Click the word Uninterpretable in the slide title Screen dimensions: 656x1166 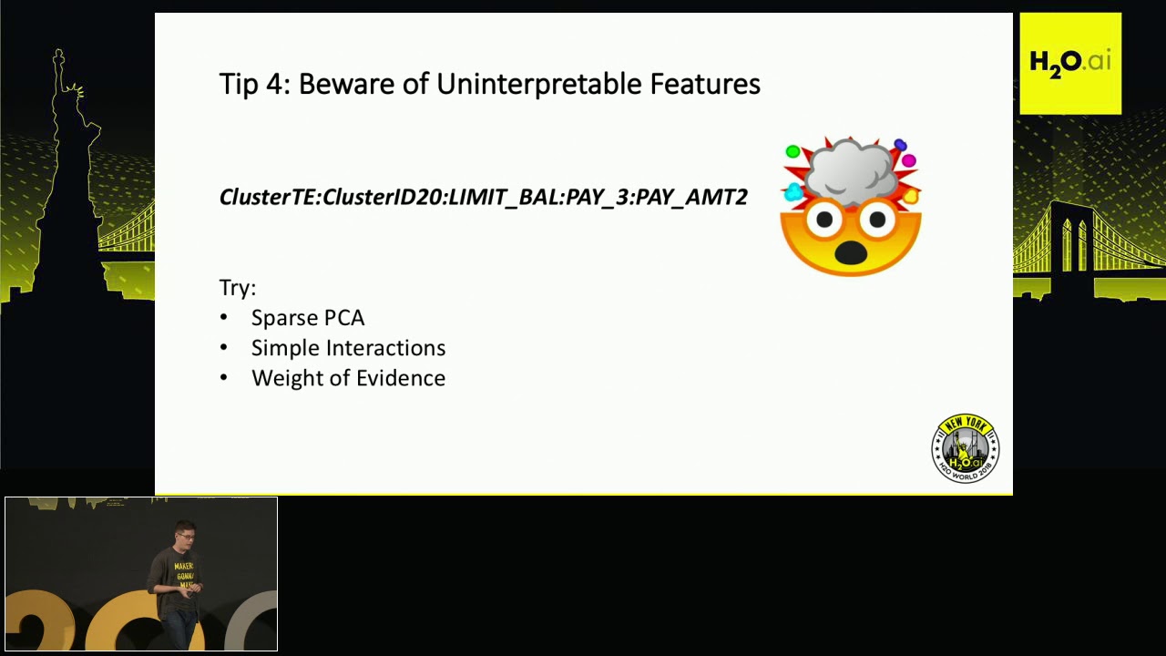click(x=538, y=84)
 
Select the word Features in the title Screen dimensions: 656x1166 click(x=704, y=84)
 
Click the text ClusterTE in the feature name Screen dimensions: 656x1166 click(x=268, y=197)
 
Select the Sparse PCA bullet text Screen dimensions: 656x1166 click(x=308, y=318)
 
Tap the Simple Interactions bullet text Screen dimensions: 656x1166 click(x=348, y=348)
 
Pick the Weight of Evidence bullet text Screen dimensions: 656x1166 click(x=348, y=378)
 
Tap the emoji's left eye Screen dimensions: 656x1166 click(x=824, y=220)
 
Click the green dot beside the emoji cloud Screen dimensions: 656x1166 click(x=793, y=152)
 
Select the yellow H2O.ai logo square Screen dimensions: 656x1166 click(x=1070, y=63)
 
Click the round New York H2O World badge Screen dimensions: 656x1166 click(x=966, y=448)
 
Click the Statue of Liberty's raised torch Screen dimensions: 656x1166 click(x=59, y=58)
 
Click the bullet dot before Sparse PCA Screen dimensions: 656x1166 click(x=224, y=318)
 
